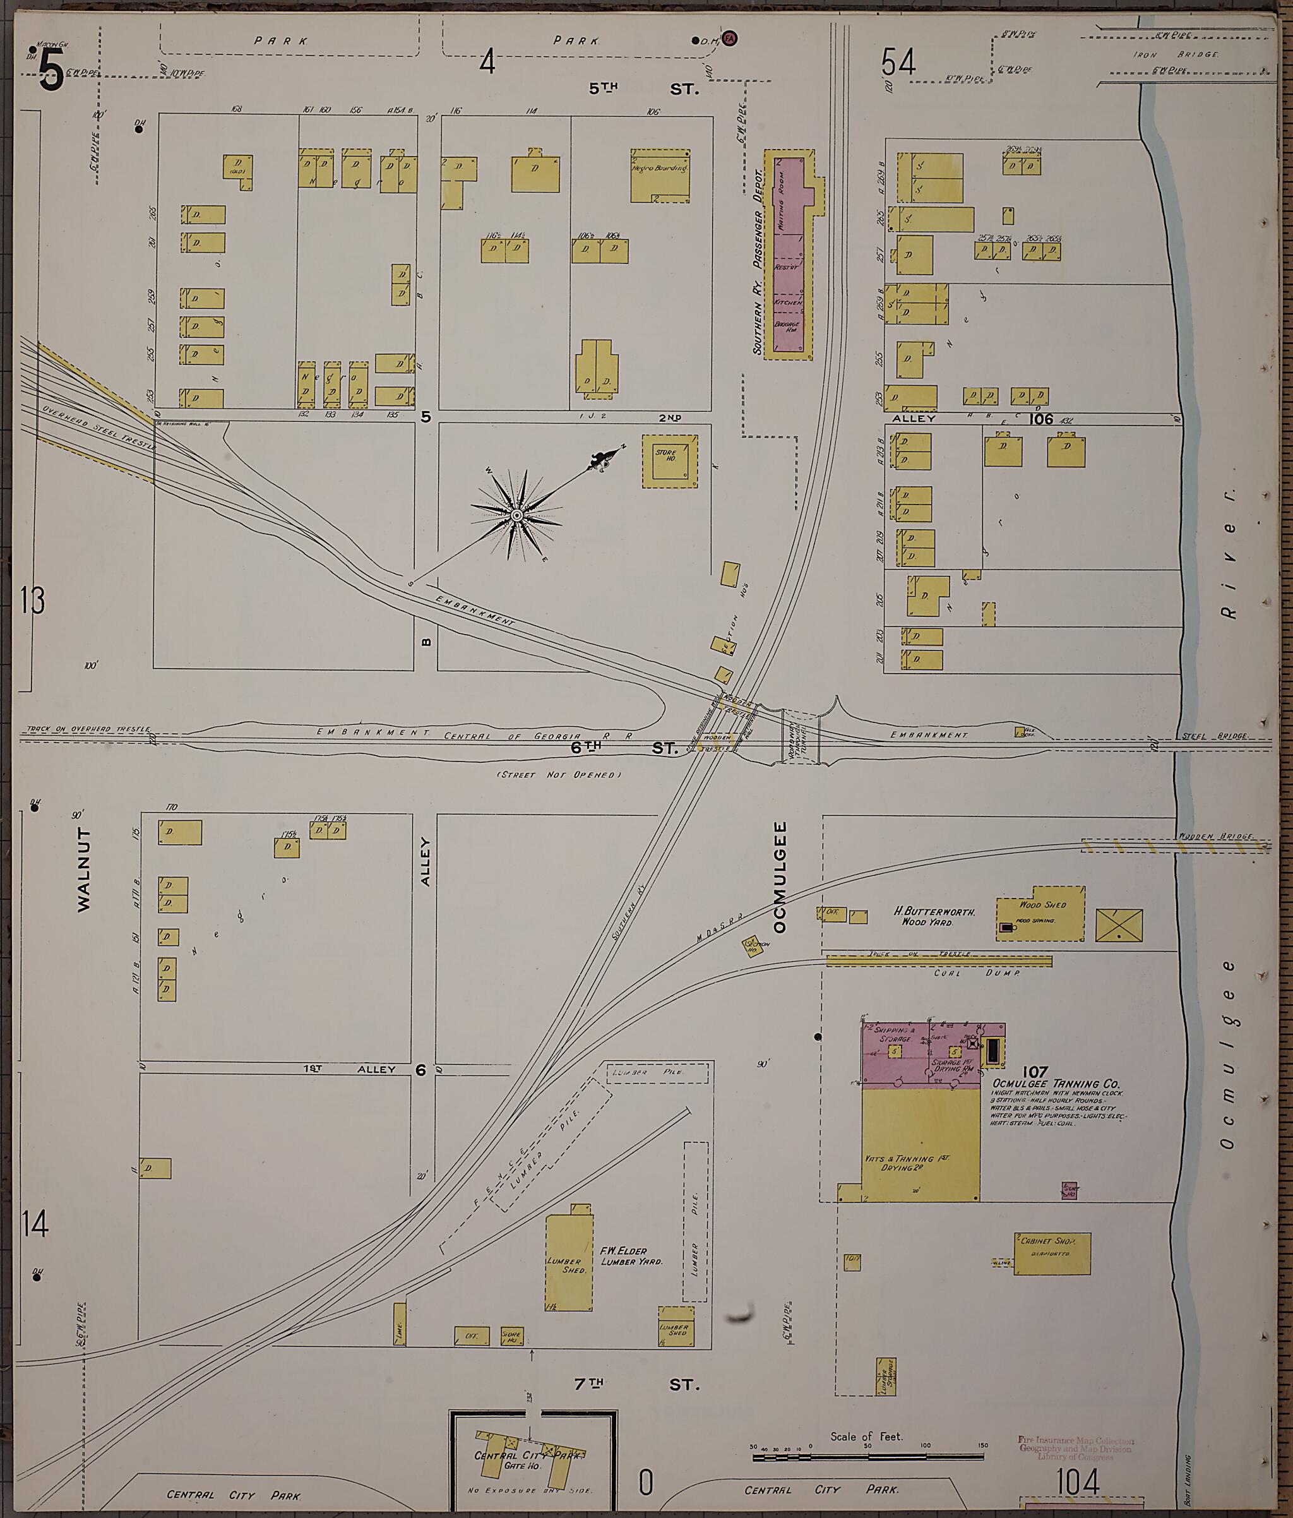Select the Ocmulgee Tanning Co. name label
1056,1084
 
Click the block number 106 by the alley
1040,419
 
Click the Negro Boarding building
659,176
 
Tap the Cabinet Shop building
1052,1253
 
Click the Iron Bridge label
1176,54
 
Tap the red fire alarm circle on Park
730,38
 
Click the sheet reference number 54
898,63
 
